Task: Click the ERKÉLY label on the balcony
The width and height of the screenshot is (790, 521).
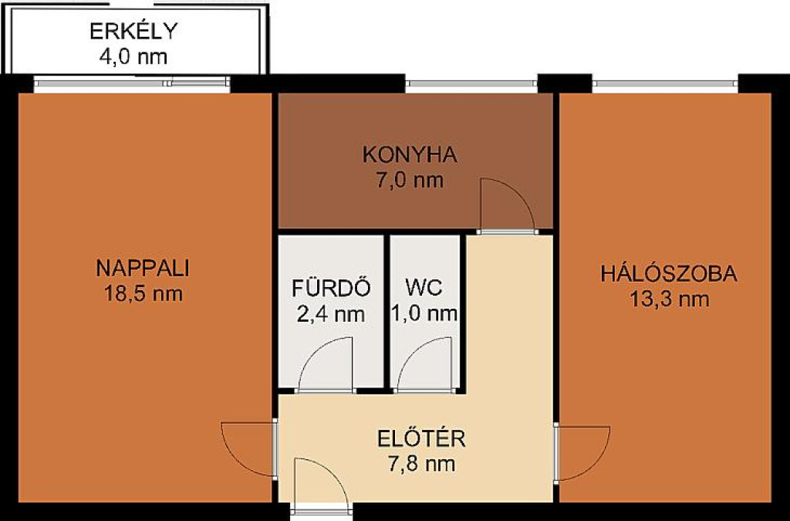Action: point(133,30)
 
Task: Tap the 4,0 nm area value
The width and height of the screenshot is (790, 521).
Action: point(133,56)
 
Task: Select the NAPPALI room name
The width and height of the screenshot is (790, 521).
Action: point(143,268)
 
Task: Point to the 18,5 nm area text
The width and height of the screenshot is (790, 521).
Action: point(143,293)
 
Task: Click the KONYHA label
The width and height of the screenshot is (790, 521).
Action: point(410,154)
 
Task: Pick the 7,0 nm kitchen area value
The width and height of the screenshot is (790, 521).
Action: point(410,180)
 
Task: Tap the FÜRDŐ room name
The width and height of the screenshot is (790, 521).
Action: point(331,287)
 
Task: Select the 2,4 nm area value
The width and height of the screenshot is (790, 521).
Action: point(331,314)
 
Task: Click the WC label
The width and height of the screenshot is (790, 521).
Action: point(424,288)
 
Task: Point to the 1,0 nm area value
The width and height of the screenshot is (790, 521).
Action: point(424,314)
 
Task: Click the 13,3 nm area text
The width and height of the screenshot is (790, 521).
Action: point(669,299)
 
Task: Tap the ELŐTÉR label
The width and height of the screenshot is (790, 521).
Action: point(421,438)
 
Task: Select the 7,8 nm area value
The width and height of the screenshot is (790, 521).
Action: point(421,464)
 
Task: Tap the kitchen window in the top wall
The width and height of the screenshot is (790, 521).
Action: point(472,83)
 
